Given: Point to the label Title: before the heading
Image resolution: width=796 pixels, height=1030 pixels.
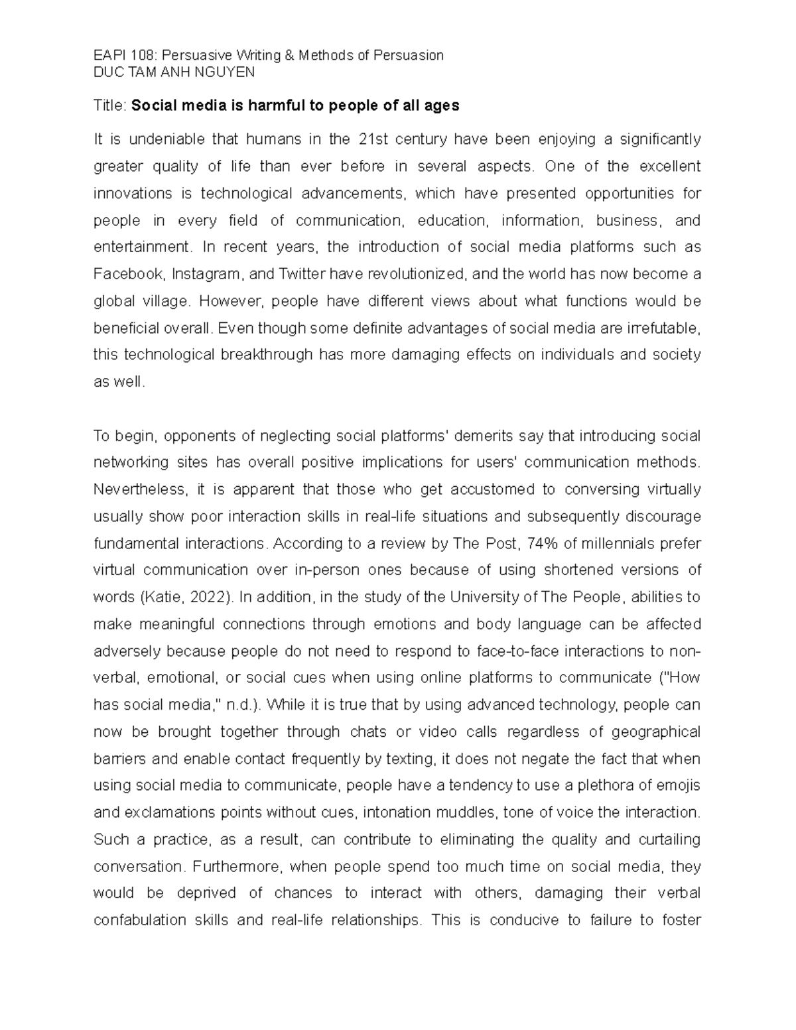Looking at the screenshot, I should [x=110, y=105].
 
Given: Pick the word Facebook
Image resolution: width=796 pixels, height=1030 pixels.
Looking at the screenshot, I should [x=129, y=274].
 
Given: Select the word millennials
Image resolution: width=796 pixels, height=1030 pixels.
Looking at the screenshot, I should [x=606, y=543].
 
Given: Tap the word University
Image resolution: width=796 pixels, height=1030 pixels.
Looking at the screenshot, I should [x=484, y=597].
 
